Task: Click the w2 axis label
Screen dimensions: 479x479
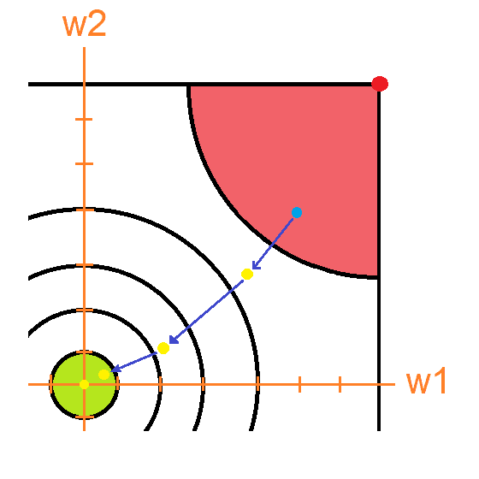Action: click(85, 24)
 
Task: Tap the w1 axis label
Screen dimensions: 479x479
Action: click(427, 381)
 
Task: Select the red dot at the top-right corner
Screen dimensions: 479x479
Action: click(380, 84)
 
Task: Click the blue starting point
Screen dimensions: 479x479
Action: click(297, 212)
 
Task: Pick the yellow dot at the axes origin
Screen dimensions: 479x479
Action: click(84, 384)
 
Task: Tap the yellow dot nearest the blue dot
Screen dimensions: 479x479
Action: click(247, 274)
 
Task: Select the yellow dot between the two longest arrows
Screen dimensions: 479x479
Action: click(163, 348)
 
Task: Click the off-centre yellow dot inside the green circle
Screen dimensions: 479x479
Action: click(103, 375)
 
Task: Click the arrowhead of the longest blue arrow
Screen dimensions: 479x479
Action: click(173, 340)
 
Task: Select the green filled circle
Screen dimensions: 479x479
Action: click(85, 384)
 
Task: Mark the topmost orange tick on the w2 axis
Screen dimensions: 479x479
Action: click(84, 119)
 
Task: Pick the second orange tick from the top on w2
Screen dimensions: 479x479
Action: click(84, 163)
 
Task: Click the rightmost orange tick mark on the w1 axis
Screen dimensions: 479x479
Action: click(340, 384)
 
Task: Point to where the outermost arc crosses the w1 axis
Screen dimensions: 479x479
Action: click(258, 384)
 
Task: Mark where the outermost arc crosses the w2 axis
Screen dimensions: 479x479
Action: click(85, 210)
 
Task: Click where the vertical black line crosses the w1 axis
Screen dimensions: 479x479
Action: click(379, 384)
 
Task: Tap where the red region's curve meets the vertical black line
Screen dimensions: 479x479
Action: click(378, 277)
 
